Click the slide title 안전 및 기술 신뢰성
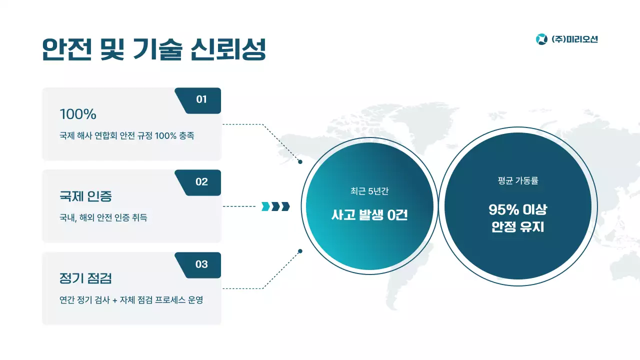pos(153,49)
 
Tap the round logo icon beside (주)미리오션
pos(541,39)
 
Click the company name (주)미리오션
pos(574,39)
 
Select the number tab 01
pos(201,99)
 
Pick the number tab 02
pos(201,182)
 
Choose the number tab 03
pos(201,264)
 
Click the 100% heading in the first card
pos(78,114)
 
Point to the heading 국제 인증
pos(85,196)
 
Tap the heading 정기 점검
pos(85,278)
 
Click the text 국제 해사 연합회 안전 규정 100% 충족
pos(126,136)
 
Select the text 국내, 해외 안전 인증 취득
pos(103,218)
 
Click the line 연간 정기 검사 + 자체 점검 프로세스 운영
pos(131,300)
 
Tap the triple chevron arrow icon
pos(275,206)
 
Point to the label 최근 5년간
pos(369,191)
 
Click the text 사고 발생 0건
pos(369,215)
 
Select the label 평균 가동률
pos(517,181)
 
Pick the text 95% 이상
pos(517,209)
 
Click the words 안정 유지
pos(517,227)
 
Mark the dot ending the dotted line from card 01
pos(300,162)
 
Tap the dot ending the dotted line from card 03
pos(300,251)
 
